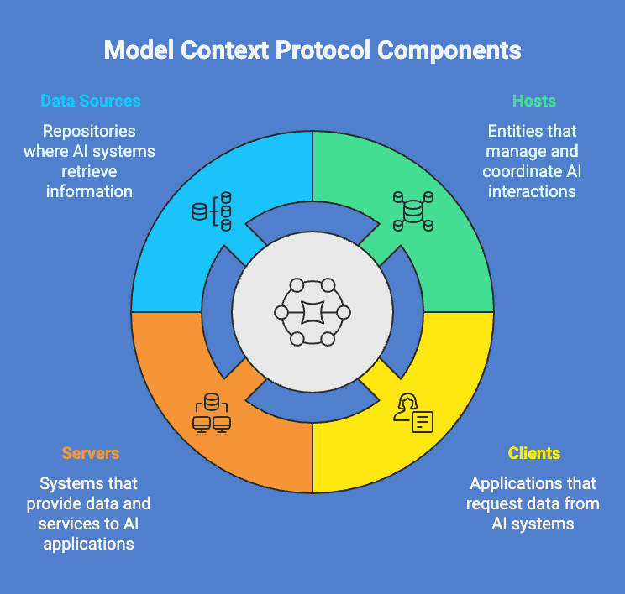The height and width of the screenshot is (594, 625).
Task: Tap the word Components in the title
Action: coord(449,49)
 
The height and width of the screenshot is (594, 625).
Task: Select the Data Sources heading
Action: coord(91,101)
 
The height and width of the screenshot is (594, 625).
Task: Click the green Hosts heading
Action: coord(534,101)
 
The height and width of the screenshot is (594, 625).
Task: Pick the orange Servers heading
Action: coord(91,453)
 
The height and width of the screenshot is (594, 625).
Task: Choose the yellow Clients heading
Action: coord(534,453)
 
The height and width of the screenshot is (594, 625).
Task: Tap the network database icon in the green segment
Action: coord(412,210)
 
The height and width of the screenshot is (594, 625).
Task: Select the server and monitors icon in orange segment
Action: coord(212,414)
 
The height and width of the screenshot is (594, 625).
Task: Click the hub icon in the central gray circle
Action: coord(312,312)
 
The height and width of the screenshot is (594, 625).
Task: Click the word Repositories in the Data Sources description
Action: coord(91,132)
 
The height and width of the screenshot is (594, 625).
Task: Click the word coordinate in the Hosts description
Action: coord(518,171)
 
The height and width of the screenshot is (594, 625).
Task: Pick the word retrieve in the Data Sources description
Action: coord(91,171)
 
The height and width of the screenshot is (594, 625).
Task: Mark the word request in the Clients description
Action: coord(496,503)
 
